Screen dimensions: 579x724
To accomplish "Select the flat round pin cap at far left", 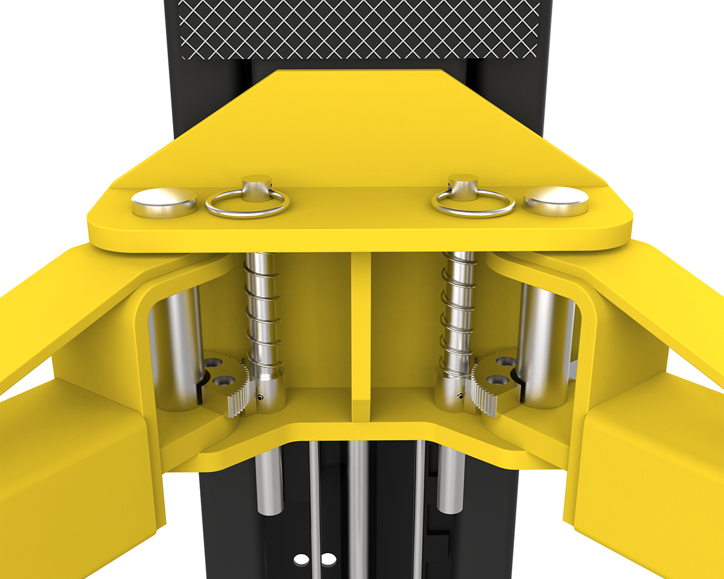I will click(x=164, y=201).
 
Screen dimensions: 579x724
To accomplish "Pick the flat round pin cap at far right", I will click(x=556, y=200).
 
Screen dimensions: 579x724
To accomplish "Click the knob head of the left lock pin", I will click(x=257, y=183).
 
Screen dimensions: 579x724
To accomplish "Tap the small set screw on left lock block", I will click(x=260, y=397).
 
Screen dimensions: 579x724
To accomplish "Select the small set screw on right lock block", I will click(x=460, y=396).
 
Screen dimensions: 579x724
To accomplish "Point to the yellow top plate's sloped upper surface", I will click(x=359, y=133).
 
